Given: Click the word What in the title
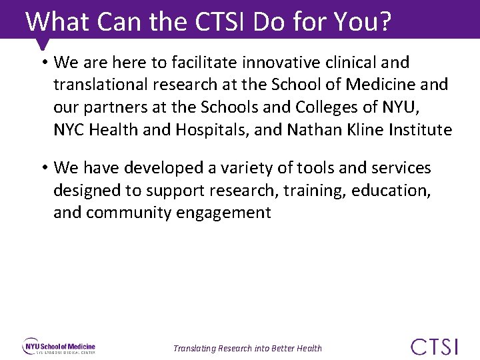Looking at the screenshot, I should pyautogui.click(x=58, y=21).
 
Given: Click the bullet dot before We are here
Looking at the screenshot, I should pyautogui.click(x=43, y=63).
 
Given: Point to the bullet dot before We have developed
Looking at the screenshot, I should pyautogui.click(x=43, y=168).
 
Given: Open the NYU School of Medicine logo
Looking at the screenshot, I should pyautogui.click(x=59, y=347).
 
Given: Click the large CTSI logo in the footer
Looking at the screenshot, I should pyautogui.click(x=435, y=347).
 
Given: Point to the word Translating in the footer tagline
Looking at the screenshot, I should pyautogui.click(x=195, y=348).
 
